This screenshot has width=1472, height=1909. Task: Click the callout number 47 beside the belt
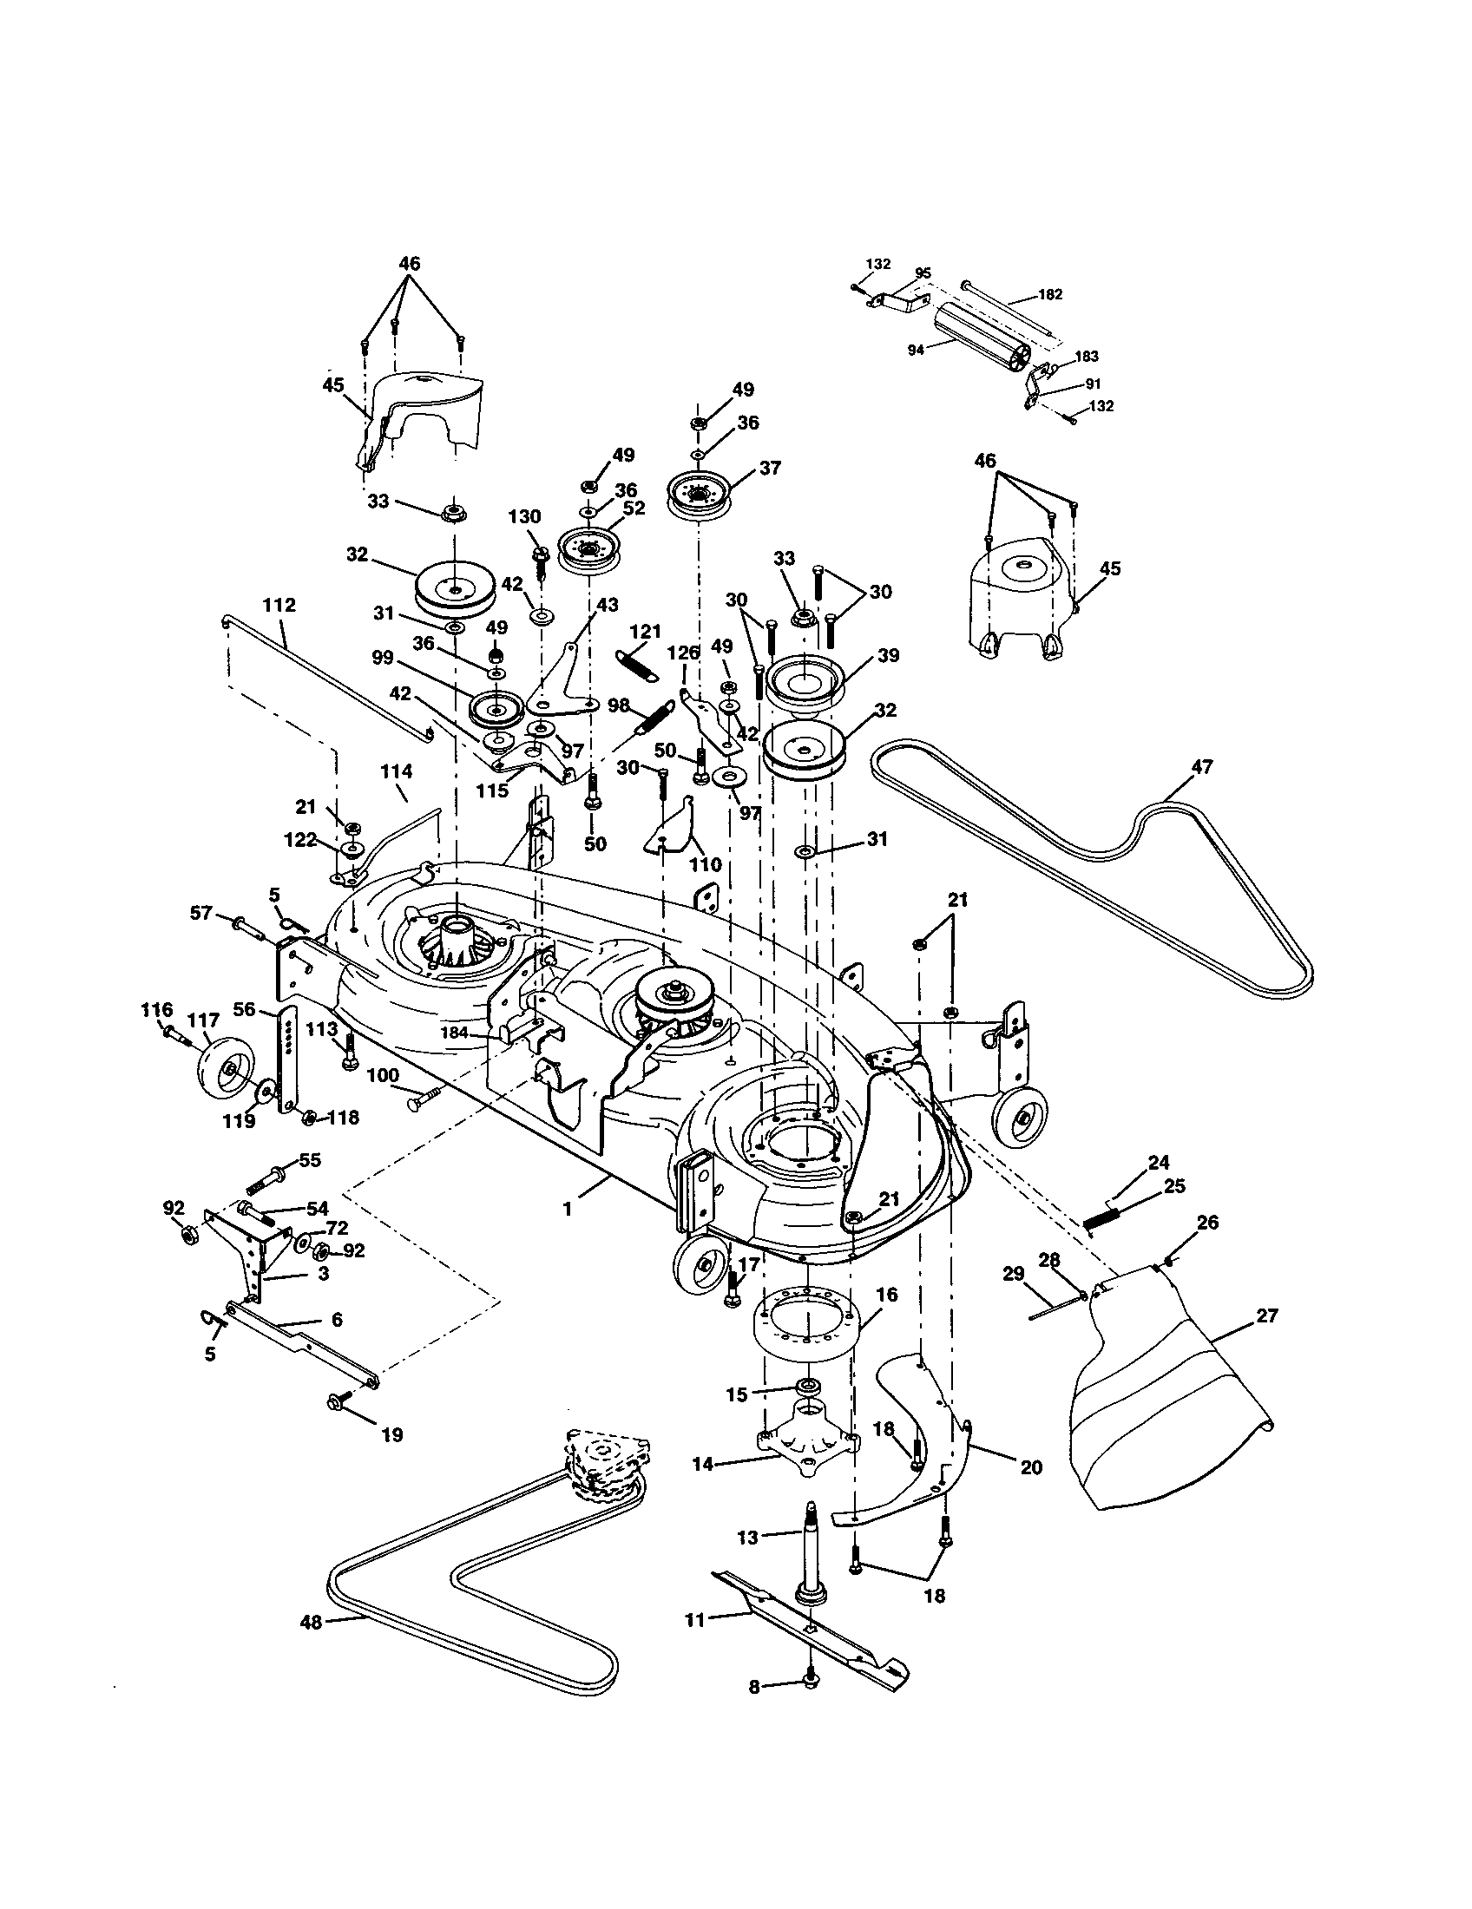click(1202, 767)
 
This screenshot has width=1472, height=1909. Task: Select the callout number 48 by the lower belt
click(312, 1623)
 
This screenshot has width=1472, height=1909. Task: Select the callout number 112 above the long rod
click(279, 605)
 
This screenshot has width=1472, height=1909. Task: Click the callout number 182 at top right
click(1049, 294)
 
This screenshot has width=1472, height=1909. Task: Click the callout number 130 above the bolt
click(524, 516)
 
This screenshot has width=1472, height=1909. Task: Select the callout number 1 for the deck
click(568, 1210)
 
